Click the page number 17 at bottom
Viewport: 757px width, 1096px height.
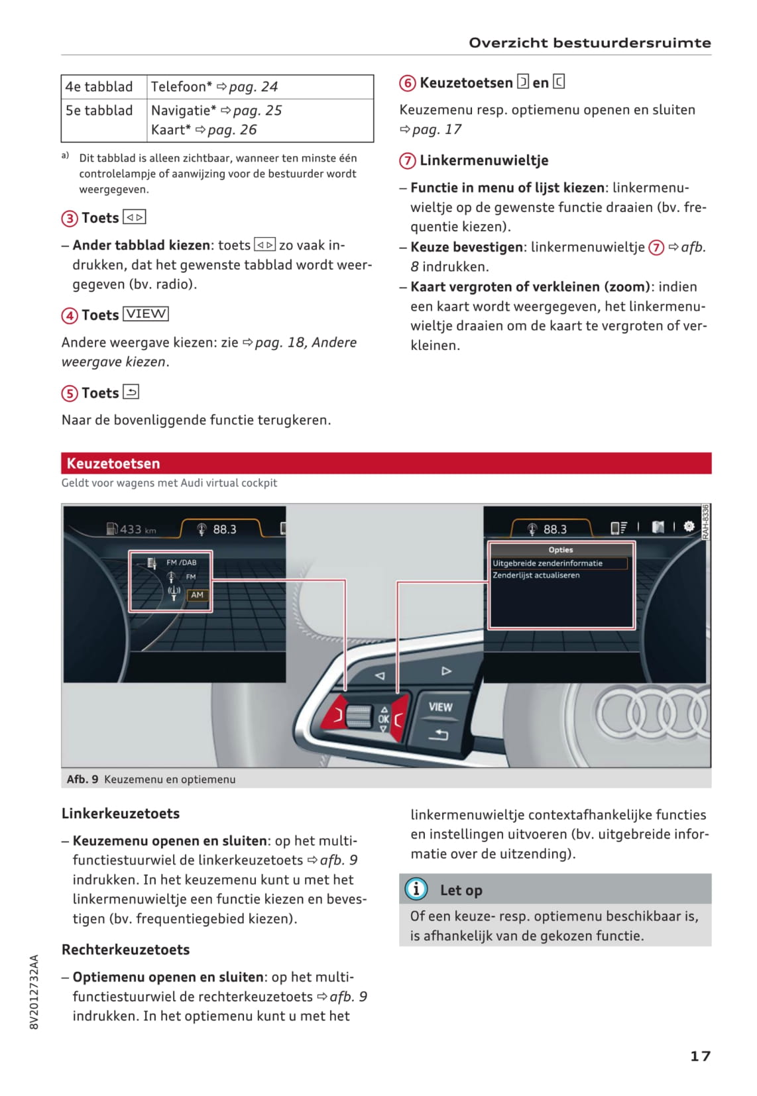click(700, 1056)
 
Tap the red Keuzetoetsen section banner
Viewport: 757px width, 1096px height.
click(386, 463)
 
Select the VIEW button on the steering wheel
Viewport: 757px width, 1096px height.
click(440, 707)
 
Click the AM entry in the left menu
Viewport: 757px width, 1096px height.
click(197, 595)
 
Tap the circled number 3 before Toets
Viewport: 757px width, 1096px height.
click(70, 219)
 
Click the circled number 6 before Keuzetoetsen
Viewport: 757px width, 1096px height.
click(408, 83)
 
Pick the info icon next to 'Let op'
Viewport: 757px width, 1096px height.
click(416, 889)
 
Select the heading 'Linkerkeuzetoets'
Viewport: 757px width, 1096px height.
click(121, 813)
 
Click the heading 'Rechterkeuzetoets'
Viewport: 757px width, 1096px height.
click(125, 950)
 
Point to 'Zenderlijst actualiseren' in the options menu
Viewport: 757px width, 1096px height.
click(536, 575)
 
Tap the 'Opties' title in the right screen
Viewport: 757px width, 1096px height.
click(561, 550)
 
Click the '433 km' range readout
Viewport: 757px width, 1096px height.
click(132, 529)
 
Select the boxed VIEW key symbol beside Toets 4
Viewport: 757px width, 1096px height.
click(146, 314)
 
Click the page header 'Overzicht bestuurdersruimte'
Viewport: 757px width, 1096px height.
click(589, 43)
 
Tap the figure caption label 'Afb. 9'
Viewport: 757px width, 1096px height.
click(82, 779)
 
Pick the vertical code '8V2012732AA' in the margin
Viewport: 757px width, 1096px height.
click(34, 991)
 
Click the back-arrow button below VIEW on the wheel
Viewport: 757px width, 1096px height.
click(438, 734)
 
